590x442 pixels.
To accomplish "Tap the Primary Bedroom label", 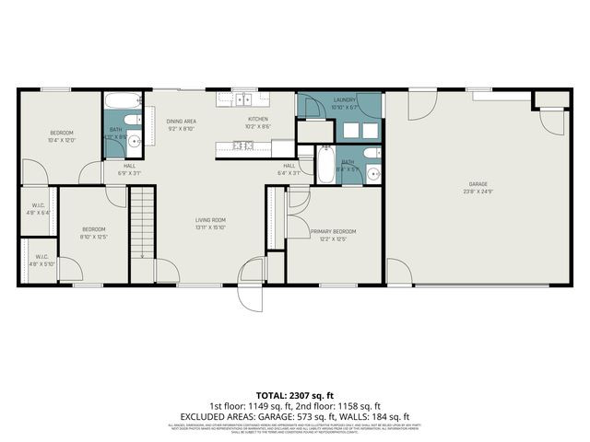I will tap(333, 231).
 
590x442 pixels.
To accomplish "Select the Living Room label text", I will tap(210, 220).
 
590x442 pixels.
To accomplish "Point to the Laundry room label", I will tap(345, 99).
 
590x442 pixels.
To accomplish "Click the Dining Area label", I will tap(181, 121).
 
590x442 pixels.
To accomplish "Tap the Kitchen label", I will tap(257, 120).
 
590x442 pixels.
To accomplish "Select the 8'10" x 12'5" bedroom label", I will tap(93, 229).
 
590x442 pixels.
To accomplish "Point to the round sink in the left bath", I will tap(134, 141).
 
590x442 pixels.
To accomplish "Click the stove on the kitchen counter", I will tap(243, 145).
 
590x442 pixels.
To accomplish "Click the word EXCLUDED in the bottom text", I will tap(207, 416).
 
